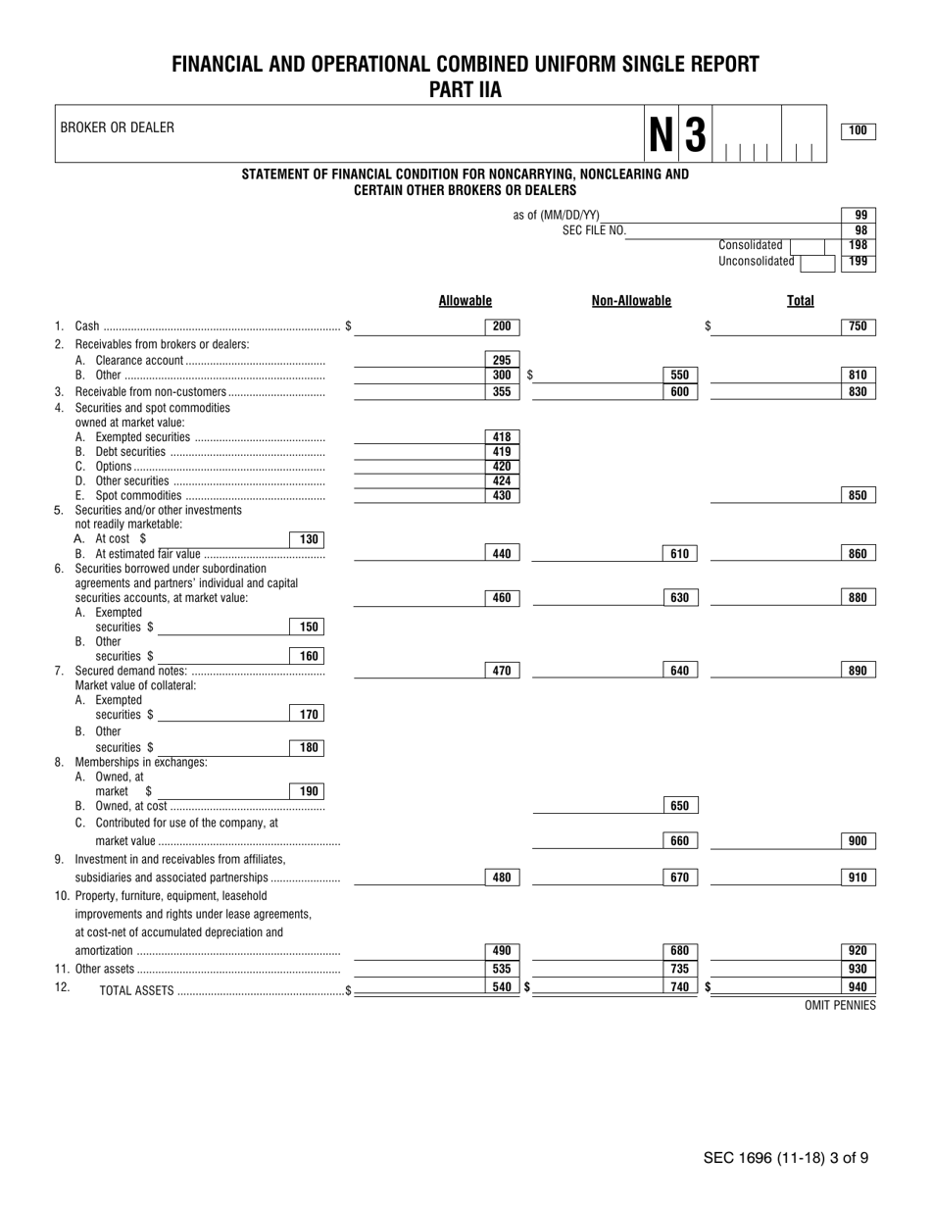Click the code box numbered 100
coord(858,131)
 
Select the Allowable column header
coord(465,301)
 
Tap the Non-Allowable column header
coord(631,301)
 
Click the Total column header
coord(800,301)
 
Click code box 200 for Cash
coord(502,327)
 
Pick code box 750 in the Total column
coord(858,327)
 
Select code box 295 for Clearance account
coord(502,360)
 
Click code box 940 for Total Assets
coord(858,986)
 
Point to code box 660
coord(680,840)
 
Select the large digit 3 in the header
coord(695,135)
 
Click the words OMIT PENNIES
coord(840,1005)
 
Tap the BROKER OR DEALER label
coord(118,127)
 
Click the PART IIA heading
coord(465,90)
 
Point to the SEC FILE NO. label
coord(594,230)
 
